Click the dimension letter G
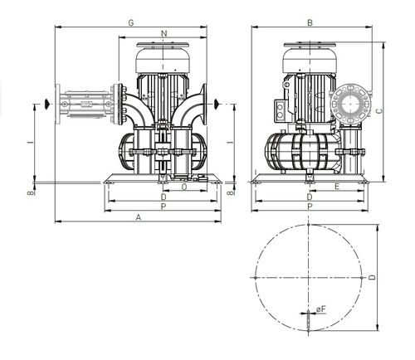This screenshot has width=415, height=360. [x=131, y=22]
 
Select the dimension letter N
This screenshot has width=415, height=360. [x=164, y=33]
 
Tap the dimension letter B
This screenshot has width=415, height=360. [x=310, y=22]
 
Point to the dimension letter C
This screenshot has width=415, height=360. [x=380, y=111]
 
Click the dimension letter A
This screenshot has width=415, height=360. [x=139, y=217]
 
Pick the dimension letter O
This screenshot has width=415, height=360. [x=184, y=187]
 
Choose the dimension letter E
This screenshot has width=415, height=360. [x=337, y=187]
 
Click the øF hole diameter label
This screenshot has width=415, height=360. [x=321, y=309]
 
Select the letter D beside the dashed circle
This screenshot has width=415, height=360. [x=373, y=277]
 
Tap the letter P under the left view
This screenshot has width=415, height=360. [x=164, y=207]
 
